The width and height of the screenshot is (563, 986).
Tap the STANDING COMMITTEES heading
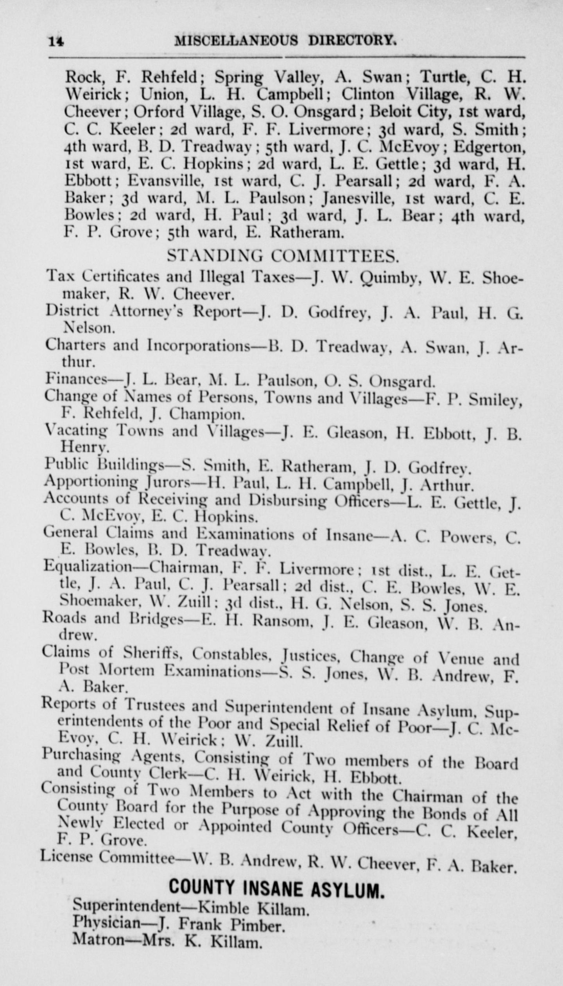pos(283,256)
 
